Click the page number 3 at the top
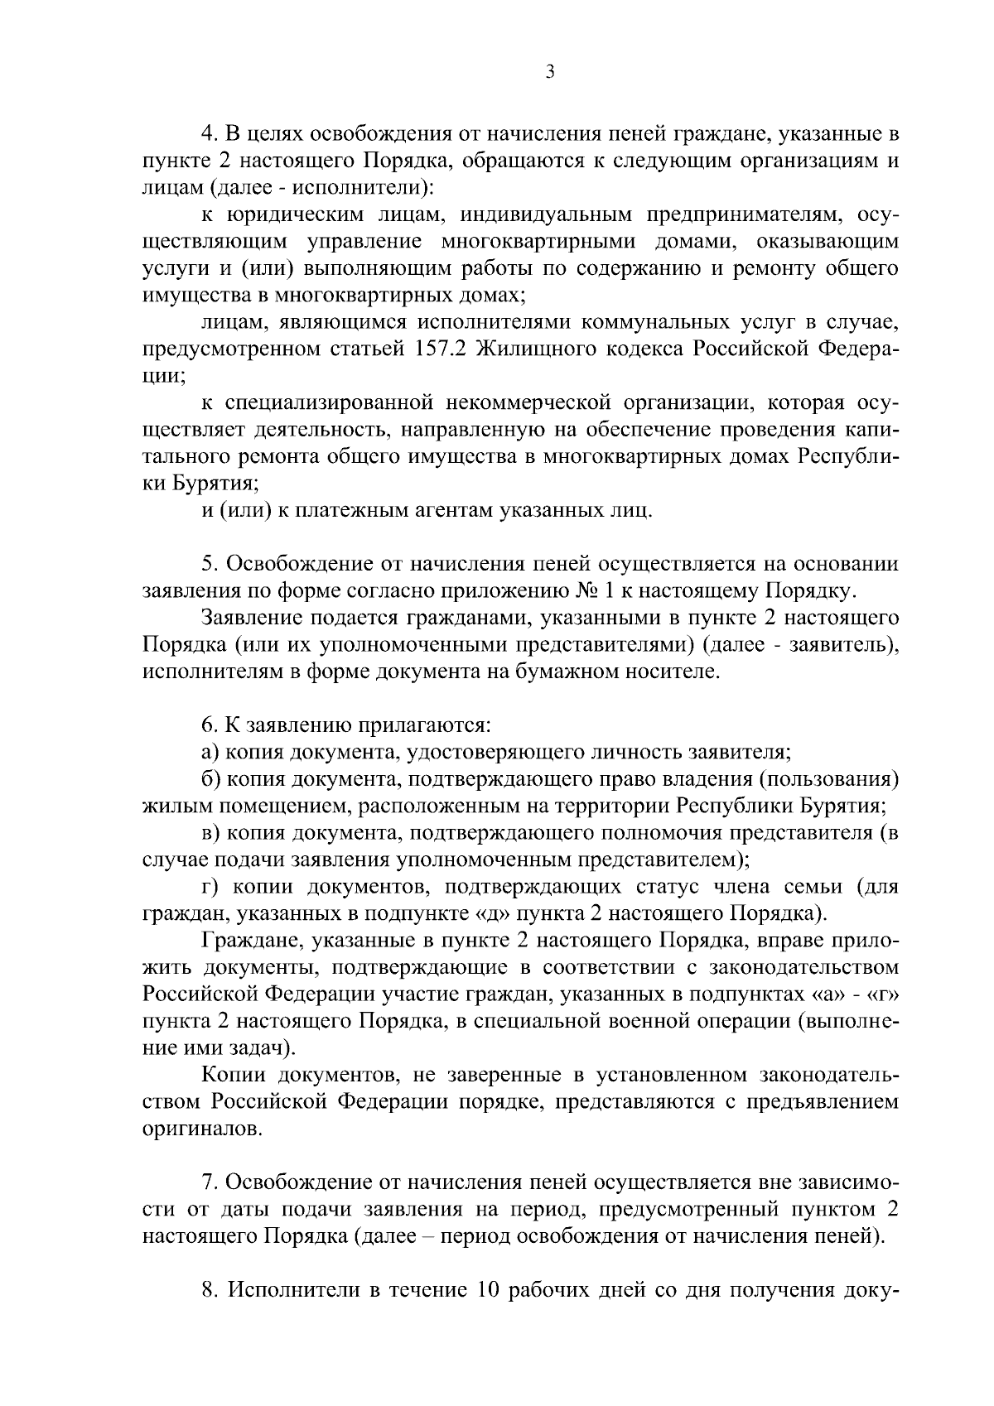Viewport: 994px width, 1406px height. click(x=550, y=72)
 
